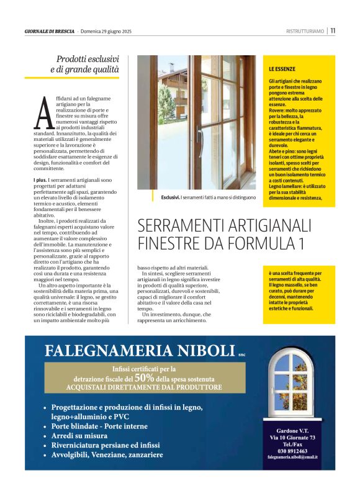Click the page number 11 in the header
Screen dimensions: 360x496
[x=333, y=30]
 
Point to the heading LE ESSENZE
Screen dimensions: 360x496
[x=282, y=68]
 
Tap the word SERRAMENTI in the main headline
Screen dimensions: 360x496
[x=179, y=224]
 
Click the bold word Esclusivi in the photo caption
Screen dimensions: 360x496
[x=170, y=197]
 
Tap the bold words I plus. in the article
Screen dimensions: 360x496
[x=40, y=180]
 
